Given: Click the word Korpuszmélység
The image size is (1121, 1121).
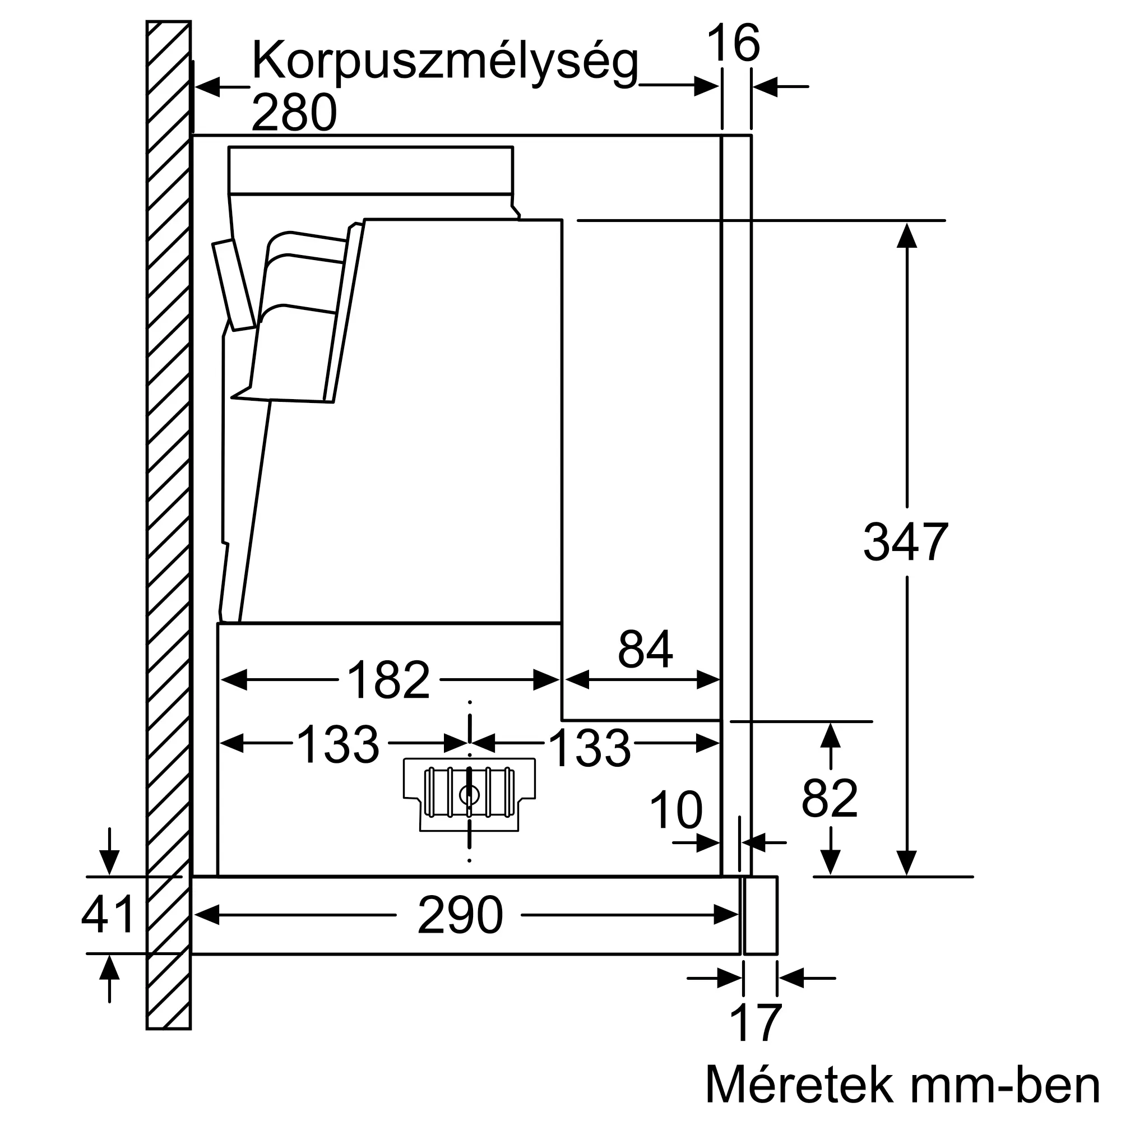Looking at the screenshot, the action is click(x=444, y=63).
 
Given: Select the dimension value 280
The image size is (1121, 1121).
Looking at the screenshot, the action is click(x=294, y=113).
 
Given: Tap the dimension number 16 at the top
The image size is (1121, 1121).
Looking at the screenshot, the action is click(x=733, y=44).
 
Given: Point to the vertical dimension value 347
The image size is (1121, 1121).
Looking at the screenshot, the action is click(x=905, y=542).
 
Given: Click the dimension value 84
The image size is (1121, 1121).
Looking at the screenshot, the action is click(x=645, y=650).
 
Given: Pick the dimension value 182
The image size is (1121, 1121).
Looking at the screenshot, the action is click(x=388, y=680).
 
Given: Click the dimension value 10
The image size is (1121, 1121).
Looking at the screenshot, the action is click(x=676, y=810).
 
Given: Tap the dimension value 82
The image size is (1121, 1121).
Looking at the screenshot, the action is click(x=829, y=799).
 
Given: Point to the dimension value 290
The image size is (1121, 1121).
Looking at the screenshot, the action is click(x=460, y=915).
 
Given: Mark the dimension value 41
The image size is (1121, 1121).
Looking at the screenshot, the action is click(x=108, y=914).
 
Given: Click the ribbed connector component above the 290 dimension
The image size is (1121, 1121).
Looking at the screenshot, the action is click(x=469, y=794).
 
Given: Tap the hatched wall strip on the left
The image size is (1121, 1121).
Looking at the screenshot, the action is click(x=168, y=522).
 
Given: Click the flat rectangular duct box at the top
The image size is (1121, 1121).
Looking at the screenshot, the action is click(x=370, y=169).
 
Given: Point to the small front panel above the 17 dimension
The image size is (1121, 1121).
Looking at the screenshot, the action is click(x=760, y=915).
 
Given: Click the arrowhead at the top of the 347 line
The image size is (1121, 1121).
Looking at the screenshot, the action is click(x=906, y=234).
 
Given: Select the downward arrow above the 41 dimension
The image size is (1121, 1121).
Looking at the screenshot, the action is click(x=109, y=861).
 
